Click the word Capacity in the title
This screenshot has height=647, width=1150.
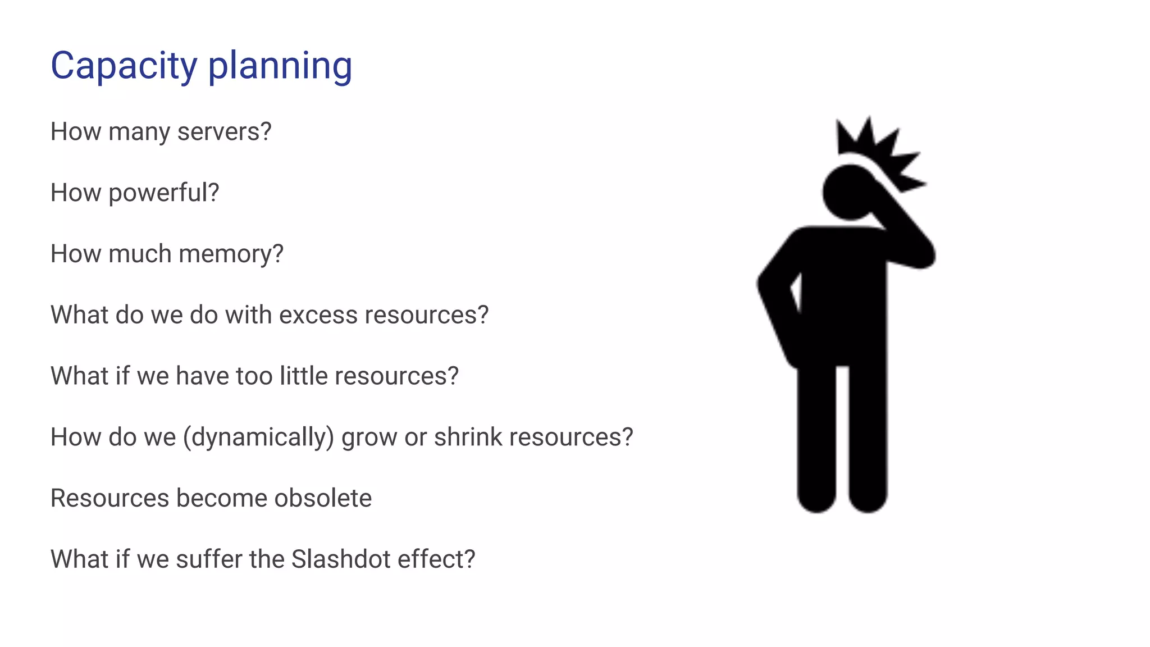pyautogui.click(x=124, y=66)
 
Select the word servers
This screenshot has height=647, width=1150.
pyautogui.click(x=224, y=132)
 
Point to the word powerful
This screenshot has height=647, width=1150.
pyautogui.click(x=163, y=193)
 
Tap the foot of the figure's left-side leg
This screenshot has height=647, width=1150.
pyautogui.click(x=816, y=497)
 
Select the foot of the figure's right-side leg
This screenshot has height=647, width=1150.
pyautogui.click(x=868, y=497)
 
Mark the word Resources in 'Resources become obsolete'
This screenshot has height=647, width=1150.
pyautogui.click(x=109, y=498)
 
